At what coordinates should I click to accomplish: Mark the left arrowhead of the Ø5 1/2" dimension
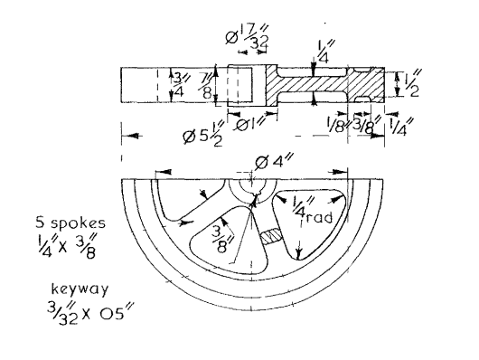(124, 137)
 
